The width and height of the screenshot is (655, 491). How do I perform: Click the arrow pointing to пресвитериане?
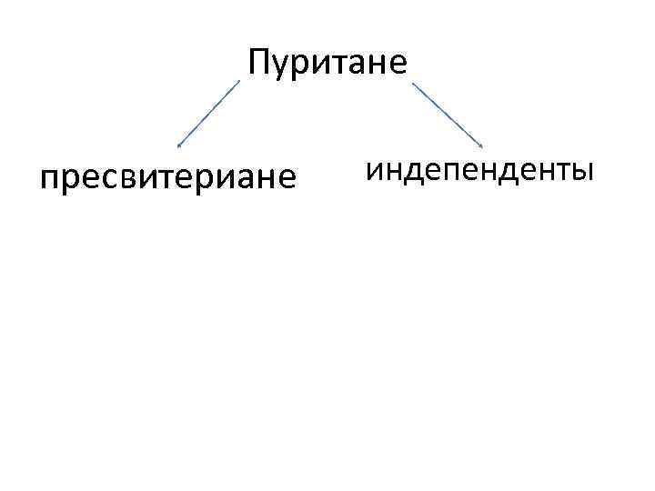click(x=209, y=113)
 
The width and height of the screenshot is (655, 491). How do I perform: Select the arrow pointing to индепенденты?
click(x=448, y=113)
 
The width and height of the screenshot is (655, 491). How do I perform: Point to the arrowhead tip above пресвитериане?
click(x=178, y=145)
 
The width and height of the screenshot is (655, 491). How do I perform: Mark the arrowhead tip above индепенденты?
click(x=483, y=145)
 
